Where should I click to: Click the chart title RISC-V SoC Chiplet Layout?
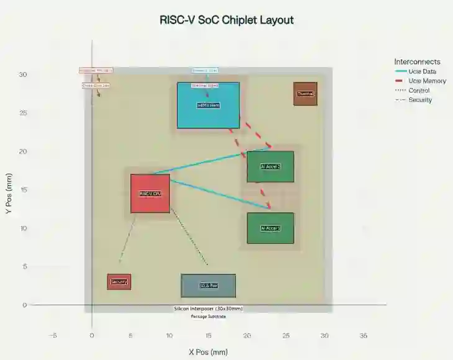click(x=226, y=20)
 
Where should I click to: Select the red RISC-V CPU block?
click(x=150, y=193)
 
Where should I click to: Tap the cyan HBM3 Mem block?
click(x=209, y=105)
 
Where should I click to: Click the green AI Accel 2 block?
click(x=270, y=166)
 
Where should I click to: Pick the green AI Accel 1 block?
click(x=270, y=228)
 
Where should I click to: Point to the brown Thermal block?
click(x=305, y=94)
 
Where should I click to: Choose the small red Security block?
click(x=119, y=282)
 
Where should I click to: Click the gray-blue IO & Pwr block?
click(x=208, y=286)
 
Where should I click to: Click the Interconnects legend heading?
click(x=417, y=61)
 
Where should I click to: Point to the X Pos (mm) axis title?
click(x=208, y=352)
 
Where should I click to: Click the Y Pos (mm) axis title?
click(x=9, y=194)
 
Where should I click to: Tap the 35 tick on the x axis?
click(x=364, y=336)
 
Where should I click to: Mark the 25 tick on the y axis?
click(x=23, y=113)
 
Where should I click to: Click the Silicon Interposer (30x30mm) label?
click(x=208, y=308)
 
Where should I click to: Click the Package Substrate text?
click(x=208, y=317)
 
